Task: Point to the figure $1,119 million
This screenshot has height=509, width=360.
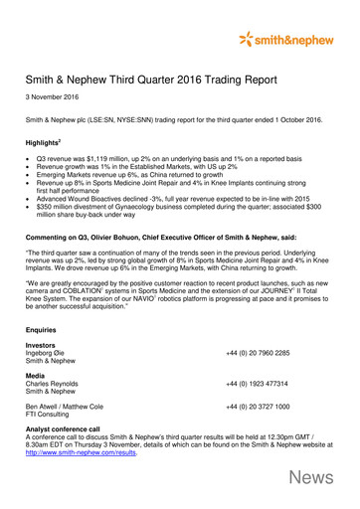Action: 111,159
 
